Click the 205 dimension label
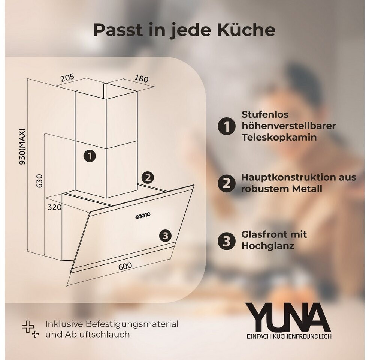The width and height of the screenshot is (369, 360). pos(67,78)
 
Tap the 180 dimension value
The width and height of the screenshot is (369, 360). pos(142,78)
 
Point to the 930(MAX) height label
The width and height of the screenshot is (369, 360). pos(22,147)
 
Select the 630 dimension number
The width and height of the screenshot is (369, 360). pos(40,181)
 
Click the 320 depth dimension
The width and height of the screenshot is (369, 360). pos(55,207)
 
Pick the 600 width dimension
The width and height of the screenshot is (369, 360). pos(125,266)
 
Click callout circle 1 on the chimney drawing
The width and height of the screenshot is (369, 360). pos(90,156)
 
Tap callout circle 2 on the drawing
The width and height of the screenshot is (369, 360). pos(148,178)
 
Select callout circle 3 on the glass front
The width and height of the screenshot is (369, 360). pos(165,235)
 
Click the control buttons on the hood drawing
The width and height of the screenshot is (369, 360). pos(143,216)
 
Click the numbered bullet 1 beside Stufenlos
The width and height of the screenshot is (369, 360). pos(226,126)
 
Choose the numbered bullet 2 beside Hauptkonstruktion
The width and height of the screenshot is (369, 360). pos(226,183)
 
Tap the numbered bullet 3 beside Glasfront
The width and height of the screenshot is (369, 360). pos(226,241)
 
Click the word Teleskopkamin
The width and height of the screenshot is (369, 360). pos(279,137)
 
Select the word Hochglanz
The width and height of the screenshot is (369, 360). pos(268,246)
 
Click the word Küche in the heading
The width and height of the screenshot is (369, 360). pos(246,30)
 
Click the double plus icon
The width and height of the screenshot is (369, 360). pos(30,329)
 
